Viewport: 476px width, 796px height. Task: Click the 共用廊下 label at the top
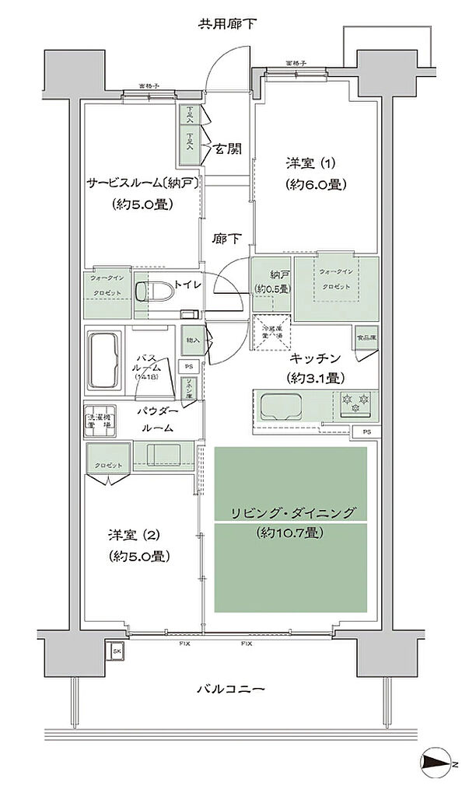227,24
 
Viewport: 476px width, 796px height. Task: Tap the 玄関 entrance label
233,148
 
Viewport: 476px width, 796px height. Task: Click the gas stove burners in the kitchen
355,405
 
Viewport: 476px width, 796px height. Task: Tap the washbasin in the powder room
162,456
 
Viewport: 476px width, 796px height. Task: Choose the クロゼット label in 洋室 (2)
109,465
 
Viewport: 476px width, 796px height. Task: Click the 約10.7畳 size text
289,533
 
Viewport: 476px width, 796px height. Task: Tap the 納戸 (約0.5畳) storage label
271,282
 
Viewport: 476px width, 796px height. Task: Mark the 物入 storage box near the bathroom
191,340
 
